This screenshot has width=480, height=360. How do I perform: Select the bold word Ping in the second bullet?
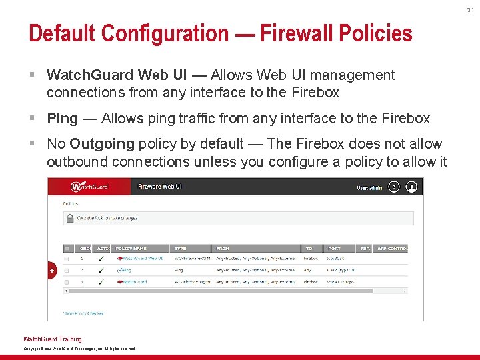click(62, 119)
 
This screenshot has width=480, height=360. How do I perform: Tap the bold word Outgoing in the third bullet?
click(102, 144)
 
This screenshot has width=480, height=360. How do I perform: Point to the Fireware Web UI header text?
click(160, 187)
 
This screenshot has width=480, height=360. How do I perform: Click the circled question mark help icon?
click(394, 187)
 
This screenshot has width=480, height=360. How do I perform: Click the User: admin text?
click(371, 187)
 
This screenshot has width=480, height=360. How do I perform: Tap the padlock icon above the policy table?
click(69, 218)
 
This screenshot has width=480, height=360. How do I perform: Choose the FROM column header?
click(224, 248)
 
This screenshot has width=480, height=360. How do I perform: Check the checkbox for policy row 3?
click(67, 282)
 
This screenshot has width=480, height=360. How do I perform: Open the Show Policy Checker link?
click(83, 313)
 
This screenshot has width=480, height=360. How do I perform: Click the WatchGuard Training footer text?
click(53, 339)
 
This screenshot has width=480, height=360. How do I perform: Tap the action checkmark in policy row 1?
click(101, 258)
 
